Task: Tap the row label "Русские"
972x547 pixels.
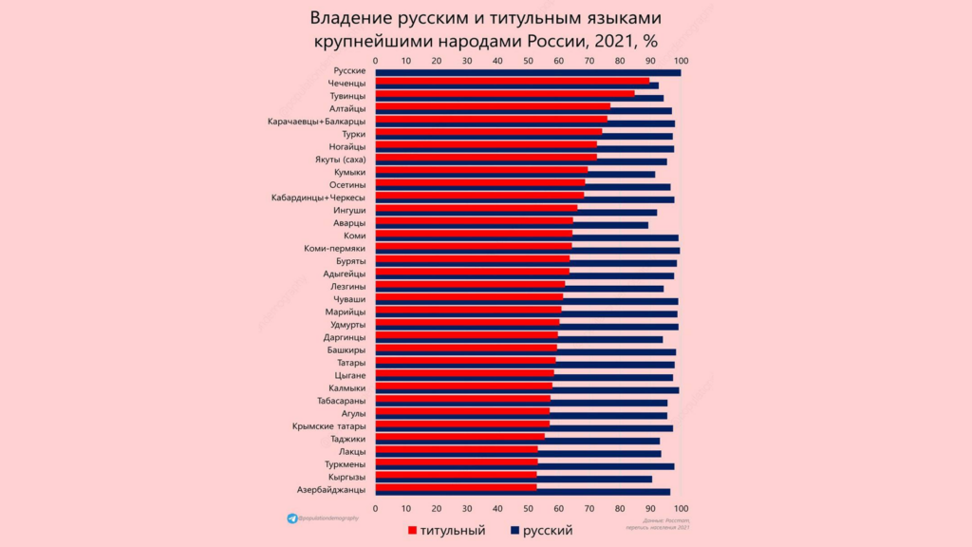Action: point(349,71)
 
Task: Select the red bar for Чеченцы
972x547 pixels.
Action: point(513,82)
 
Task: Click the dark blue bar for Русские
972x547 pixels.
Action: point(528,72)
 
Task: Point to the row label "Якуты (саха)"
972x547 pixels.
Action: point(340,160)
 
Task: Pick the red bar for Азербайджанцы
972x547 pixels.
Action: point(457,487)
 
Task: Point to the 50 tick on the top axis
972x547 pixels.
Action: point(529,60)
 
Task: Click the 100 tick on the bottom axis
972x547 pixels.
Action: point(680,508)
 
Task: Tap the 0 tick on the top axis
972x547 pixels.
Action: point(377,60)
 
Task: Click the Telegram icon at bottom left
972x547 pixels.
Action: point(291,519)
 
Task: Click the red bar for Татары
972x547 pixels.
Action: point(466,361)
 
